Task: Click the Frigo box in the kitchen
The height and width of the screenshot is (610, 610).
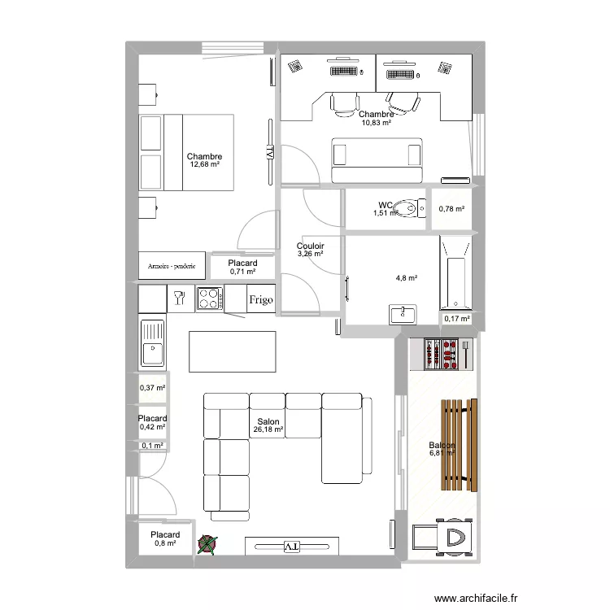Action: [261, 298]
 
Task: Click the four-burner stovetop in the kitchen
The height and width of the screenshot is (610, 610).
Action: [208, 298]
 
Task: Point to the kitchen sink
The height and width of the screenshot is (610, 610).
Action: [152, 342]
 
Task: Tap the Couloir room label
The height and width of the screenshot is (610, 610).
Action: [311, 245]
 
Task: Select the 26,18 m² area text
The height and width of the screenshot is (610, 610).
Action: [268, 429]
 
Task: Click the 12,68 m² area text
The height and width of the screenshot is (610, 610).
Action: [205, 164]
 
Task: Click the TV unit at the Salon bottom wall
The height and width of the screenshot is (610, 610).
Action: [291, 546]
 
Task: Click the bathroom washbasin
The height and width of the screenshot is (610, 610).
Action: [403, 313]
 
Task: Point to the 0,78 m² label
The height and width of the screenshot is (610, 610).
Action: [451, 209]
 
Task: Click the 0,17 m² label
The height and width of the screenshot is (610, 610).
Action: [456, 319]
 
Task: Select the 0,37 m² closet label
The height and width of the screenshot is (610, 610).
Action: [152, 388]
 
